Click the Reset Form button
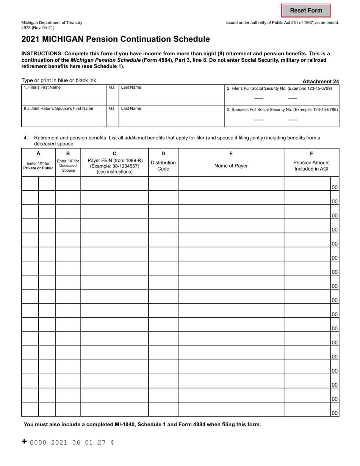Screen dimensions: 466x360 click(306, 11)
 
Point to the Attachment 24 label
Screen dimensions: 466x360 click(321, 81)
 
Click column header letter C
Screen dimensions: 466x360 click(114, 153)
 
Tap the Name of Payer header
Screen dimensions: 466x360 click(231, 166)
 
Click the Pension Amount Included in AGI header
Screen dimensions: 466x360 click(311, 166)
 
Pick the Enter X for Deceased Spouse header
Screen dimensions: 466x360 click(68, 166)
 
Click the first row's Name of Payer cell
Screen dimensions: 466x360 click(231, 184)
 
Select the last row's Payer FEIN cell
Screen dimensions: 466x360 click(114, 409)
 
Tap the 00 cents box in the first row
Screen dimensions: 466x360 click(335, 187)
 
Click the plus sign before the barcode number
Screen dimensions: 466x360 click(24, 441)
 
